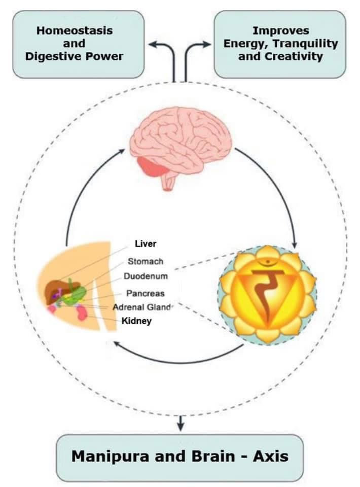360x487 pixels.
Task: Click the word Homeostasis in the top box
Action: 74,30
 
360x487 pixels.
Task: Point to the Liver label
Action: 146,244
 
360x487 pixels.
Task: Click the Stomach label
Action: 146,261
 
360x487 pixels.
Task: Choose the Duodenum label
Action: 146,276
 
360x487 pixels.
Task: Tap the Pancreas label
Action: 146,293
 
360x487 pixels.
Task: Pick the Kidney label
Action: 137,321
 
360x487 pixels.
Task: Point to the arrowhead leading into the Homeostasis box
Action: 153,45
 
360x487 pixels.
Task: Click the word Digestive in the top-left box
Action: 49,56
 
